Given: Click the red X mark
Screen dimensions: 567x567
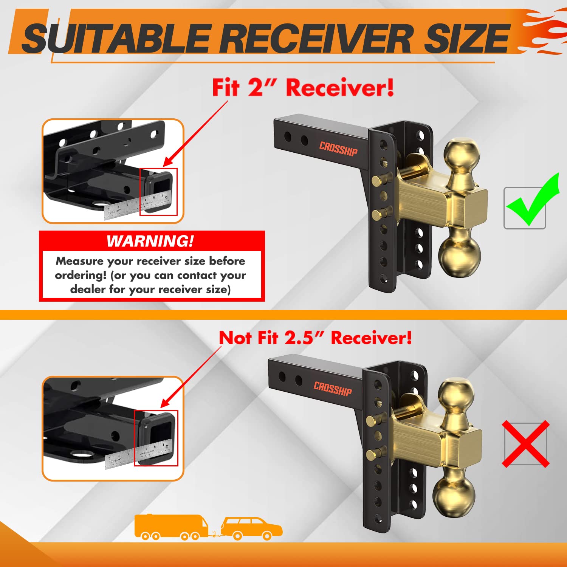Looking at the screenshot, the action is click(x=525, y=444).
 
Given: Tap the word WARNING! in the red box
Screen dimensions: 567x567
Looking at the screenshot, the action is click(x=150, y=241).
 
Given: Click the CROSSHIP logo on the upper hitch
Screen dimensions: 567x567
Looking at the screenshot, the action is click(x=338, y=149).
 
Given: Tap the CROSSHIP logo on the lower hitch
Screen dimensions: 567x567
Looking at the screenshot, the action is click(x=333, y=389).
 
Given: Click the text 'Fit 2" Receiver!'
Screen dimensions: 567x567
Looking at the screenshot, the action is click(x=303, y=88).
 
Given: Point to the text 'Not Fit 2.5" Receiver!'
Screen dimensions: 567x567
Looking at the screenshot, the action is click(x=315, y=338).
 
